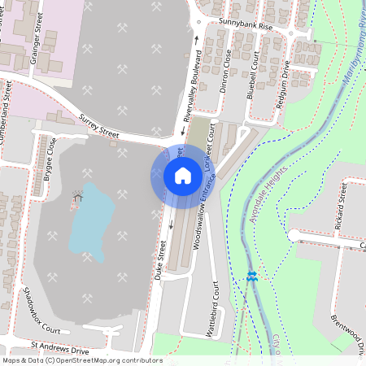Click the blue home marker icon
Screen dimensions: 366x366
point(183,176)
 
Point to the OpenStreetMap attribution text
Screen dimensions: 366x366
point(81,360)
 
